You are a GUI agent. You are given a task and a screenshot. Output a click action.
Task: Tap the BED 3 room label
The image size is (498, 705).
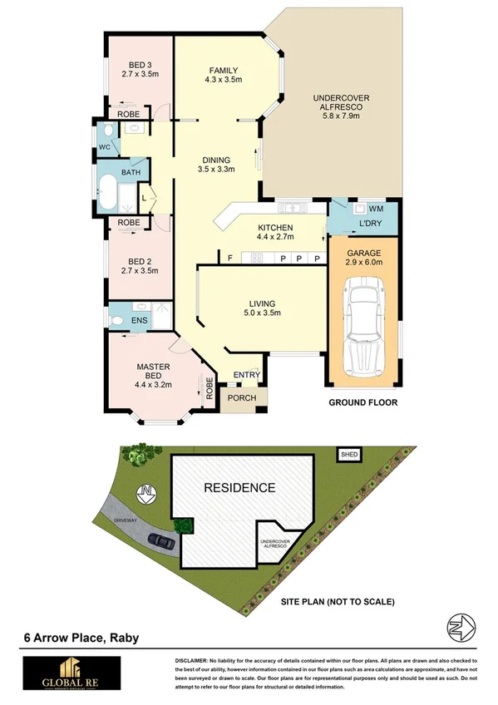coord(139,67)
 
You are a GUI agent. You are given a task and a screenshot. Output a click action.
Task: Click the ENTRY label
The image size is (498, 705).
coord(246,375)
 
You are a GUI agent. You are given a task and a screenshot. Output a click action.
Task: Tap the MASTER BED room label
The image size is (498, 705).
coord(153,367)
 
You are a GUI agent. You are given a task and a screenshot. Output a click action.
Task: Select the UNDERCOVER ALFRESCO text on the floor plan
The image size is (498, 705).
coord(342,99)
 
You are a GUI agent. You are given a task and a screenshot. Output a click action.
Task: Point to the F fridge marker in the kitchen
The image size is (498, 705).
coord(230,258)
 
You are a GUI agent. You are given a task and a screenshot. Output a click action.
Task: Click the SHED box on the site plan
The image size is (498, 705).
coord(349,455)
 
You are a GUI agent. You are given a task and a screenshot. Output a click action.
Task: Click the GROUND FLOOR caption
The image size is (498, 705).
coord(362,402)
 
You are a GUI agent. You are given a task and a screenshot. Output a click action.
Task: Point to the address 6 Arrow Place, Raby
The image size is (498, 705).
coord(81,638)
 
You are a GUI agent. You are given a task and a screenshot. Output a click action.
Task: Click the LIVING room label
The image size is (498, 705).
coord(261,303)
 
